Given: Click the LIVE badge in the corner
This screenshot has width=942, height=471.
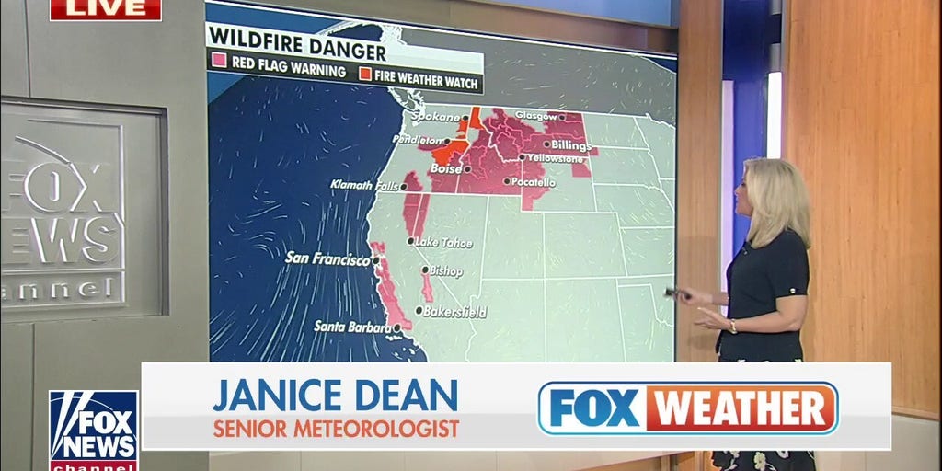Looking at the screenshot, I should coord(105,9).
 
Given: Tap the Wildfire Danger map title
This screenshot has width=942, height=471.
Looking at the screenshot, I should coord(295,34).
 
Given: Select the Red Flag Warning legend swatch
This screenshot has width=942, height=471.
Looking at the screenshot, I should coord(220,71).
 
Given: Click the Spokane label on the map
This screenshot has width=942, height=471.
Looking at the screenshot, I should coord(434,118).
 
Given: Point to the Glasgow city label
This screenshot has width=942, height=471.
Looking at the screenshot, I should coord(536,117).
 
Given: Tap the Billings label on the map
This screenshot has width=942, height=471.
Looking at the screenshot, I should coord(571,144).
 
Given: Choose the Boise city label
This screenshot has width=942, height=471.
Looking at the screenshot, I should coord(446,169).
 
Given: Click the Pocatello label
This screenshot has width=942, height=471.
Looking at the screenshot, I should coord(534,183).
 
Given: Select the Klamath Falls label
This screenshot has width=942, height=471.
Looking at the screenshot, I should coord(365,186).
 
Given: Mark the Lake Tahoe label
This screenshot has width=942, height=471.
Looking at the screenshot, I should coord(443,242).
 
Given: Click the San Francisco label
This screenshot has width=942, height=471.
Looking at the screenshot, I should coord(327,258).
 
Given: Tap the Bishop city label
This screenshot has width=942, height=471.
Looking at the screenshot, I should coord(446,271).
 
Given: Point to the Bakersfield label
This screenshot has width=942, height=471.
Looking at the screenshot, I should coord(456,312).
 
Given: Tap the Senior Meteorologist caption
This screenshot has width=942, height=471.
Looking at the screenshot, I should coord(336,428).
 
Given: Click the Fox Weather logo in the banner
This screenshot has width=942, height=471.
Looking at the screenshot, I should coord(687,408).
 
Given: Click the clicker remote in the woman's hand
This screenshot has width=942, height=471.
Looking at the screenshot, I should coord(675,293).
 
